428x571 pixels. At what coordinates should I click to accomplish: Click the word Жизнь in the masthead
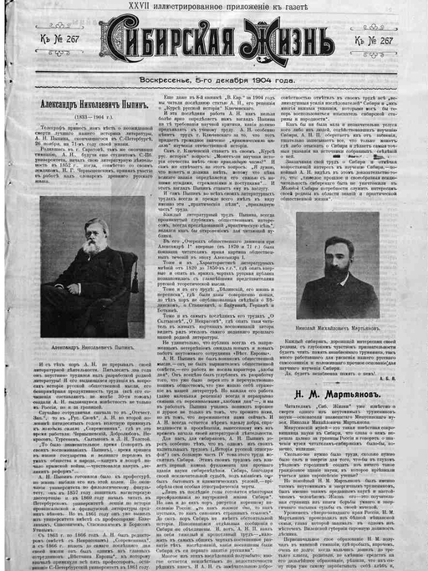click(x=286, y=42)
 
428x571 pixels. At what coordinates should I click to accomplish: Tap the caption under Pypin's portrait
click(x=93, y=347)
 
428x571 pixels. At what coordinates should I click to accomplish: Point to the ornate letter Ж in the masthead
click(x=257, y=42)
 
